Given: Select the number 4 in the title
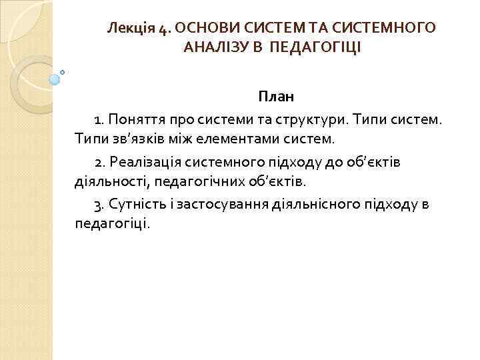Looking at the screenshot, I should click(163, 29).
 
